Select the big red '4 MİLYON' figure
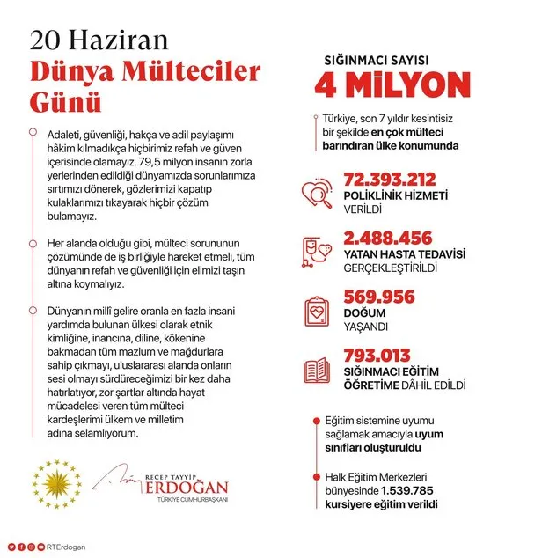pos(392,84)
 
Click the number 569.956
pos(379,297)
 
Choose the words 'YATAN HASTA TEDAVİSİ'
pos(404,254)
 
